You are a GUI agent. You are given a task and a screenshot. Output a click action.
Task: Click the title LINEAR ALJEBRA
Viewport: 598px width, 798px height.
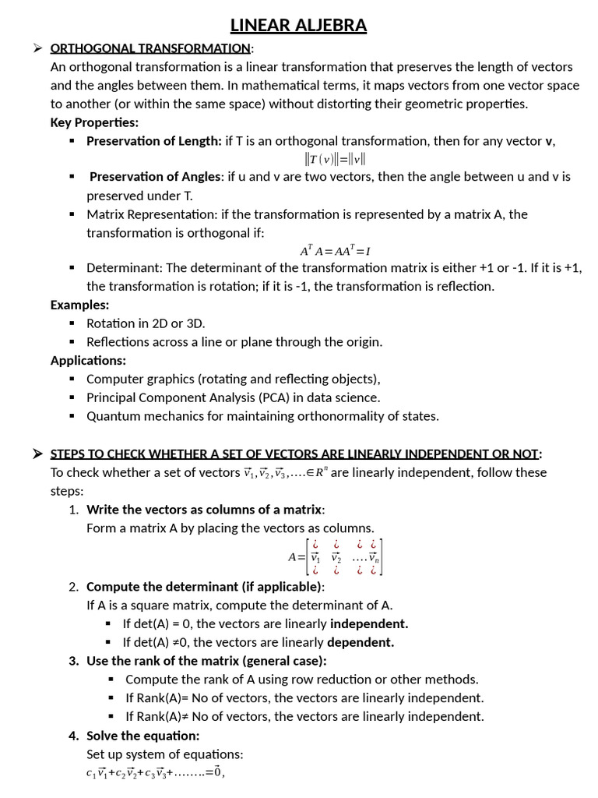pos(299,26)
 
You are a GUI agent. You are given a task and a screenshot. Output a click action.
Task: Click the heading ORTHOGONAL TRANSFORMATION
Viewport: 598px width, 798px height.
pos(150,49)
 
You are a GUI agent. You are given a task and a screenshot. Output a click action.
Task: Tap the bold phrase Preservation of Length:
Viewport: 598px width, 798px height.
pos(154,141)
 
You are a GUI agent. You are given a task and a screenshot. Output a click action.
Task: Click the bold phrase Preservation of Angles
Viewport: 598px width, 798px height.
pos(156,177)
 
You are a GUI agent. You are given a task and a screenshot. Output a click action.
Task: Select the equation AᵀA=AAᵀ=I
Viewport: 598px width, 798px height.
pos(335,251)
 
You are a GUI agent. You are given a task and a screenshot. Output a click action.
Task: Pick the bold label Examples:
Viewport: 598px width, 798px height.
pos(79,305)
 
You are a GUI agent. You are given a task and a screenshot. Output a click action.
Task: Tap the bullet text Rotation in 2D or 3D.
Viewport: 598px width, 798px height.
pos(146,323)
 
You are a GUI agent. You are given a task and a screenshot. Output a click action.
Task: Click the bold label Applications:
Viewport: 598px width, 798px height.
pos(88,360)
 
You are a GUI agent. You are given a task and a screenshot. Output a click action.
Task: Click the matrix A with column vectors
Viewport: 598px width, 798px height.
pos(335,556)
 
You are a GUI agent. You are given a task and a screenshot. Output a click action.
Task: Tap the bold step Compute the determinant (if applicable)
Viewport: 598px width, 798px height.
pos(205,587)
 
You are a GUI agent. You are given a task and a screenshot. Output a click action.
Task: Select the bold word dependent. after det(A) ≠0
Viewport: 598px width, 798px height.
pos(361,642)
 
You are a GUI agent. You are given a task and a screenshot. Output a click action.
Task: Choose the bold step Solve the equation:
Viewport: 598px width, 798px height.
pos(142,736)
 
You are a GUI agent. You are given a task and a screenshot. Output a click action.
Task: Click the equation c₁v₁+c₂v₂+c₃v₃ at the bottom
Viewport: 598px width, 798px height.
pos(155,773)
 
